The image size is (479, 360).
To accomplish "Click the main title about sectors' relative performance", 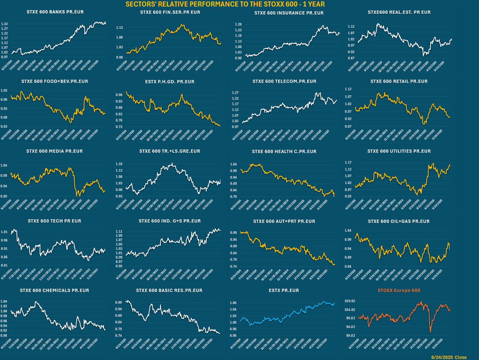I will pyautogui.click(x=225, y=4).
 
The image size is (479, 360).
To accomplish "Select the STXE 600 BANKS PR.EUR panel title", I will pyautogui.click(x=55, y=12).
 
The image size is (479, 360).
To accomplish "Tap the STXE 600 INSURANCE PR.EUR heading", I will pyautogui.click(x=289, y=13).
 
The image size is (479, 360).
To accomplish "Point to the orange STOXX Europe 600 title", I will pyautogui.click(x=399, y=291).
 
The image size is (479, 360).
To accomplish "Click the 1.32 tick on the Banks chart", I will pyautogui.click(x=5, y=24).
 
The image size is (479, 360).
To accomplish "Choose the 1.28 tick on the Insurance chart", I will pyautogui.click(x=238, y=24).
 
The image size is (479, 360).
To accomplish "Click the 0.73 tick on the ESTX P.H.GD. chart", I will pyautogui.click(x=119, y=127).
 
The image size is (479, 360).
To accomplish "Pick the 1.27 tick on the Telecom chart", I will pyautogui.click(x=235, y=93).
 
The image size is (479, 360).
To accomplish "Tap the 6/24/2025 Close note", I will pyautogui.click(x=449, y=357).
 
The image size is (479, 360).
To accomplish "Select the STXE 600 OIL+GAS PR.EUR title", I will pyautogui.click(x=399, y=221).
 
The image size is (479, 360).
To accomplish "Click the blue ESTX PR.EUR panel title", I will pyautogui.click(x=284, y=291).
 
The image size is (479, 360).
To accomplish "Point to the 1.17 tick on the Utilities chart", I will pyautogui.click(x=348, y=163).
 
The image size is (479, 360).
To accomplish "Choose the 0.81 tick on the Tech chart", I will pyautogui.click(x=4, y=265).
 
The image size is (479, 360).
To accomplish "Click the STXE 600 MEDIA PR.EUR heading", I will pyautogui.click(x=55, y=151).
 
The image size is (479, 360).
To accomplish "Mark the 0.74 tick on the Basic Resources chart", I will pyautogui.click(x=119, y=336).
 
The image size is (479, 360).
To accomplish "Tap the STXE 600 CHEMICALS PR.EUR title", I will pyautogui.click(x=55, y=291).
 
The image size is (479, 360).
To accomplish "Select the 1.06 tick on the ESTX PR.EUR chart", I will pyautogui.click(x=233, y=303).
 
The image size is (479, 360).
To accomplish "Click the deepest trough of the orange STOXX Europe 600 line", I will pyautogui.click(x=431, y=332).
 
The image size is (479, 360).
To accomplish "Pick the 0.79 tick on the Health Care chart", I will pyautogui.click(x=233, y=197).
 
